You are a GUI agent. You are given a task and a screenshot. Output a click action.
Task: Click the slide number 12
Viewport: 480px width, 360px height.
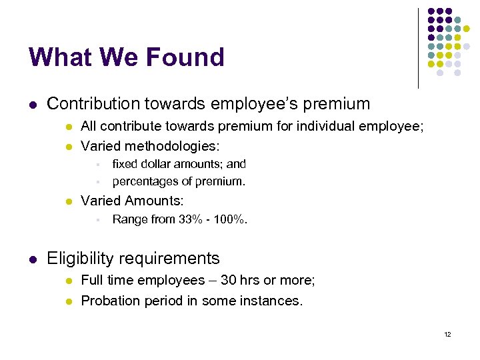(x=447, y=334)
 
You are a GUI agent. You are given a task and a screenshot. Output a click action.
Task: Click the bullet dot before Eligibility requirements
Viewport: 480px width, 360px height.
(x=33, y=259)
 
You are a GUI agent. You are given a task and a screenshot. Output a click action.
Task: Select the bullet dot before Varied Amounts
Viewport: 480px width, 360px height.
(x=67, y=201)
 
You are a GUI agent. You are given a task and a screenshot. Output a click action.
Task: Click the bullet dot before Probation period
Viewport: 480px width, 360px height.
(x=67, y=301)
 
